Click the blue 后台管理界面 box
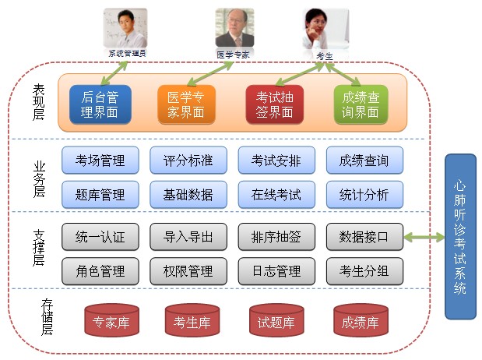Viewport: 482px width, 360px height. pos(100,104)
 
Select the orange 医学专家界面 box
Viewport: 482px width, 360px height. pos(186,104)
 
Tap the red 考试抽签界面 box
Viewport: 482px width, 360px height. pos(274,104)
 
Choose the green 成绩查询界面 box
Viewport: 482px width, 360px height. pos(361,104)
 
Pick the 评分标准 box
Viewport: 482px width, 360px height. pos(188,161)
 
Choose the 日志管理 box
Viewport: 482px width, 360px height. pos(276,270)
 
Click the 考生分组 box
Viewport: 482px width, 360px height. pos(364,270)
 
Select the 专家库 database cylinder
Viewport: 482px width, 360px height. pos(110,320)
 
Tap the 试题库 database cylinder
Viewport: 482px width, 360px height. pos(275,320)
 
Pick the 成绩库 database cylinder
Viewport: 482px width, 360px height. pos(360,320)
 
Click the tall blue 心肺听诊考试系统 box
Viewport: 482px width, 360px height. pos(459,236)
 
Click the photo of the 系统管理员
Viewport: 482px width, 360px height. pos(125,28)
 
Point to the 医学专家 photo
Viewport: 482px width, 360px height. pos(234,29)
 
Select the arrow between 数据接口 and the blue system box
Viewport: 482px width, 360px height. pos(424,236)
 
